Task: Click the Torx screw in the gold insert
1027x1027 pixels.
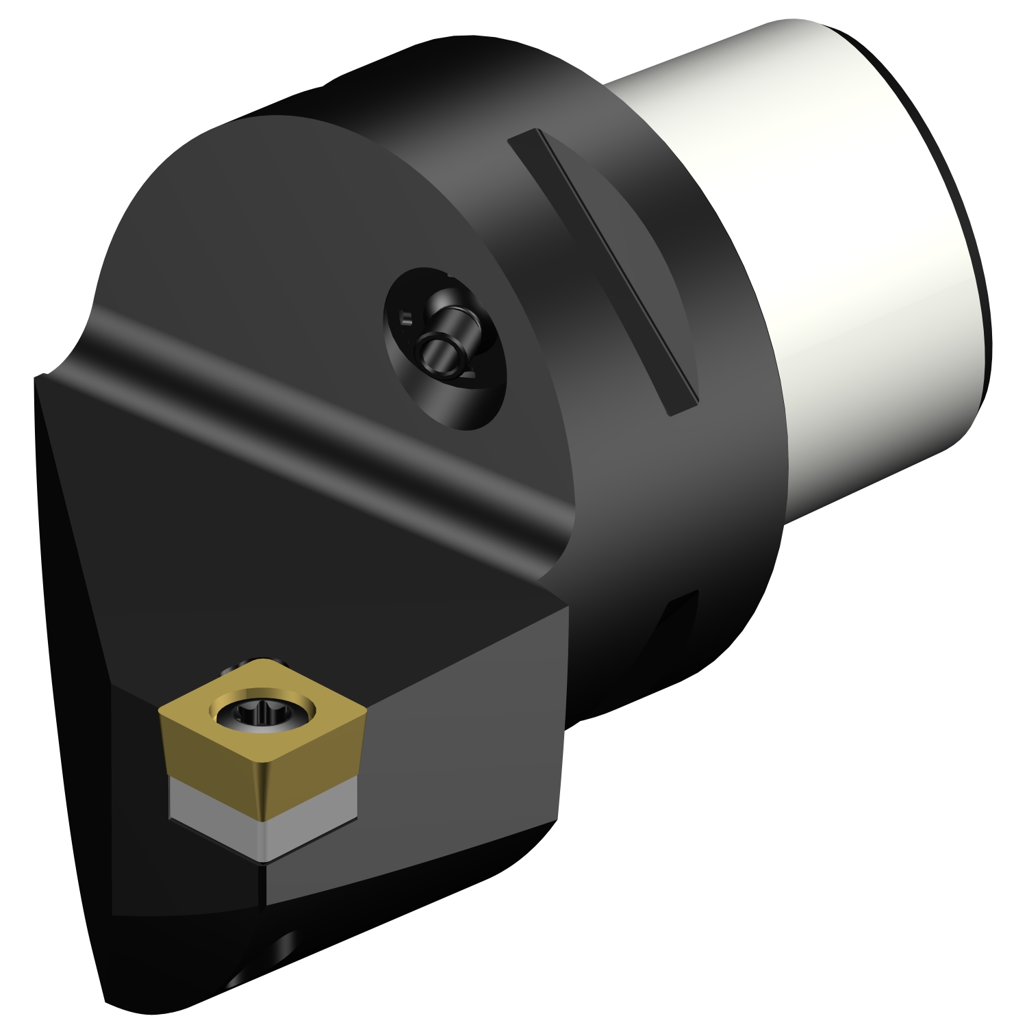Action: click(264, 714)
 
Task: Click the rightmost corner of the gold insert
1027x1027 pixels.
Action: click(366, 712)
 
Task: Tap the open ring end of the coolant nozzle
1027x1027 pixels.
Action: click(438, 353)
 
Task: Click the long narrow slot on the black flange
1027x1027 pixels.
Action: click(603, 270)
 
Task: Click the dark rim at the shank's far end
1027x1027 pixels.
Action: click(959, 205)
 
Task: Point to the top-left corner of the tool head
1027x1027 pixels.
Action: click(41, 377)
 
